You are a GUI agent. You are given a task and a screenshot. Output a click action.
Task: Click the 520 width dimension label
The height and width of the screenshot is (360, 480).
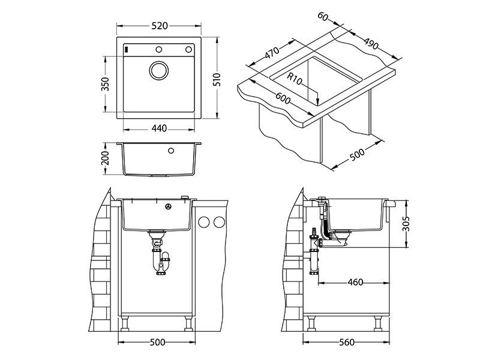[159, 25]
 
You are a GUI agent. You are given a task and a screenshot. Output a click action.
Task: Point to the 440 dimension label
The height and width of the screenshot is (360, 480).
[159, 128]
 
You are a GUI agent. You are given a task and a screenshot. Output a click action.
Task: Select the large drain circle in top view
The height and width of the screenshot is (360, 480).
[159, 70]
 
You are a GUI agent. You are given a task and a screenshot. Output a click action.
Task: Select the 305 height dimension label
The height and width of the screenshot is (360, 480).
[407, 223]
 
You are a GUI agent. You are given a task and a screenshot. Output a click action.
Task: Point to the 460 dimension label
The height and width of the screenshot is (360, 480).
[355, 282]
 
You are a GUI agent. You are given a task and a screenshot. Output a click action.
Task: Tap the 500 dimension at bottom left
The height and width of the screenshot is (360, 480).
[157, 343]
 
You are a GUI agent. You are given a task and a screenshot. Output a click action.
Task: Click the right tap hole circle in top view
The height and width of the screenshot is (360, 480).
[188, 49]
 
